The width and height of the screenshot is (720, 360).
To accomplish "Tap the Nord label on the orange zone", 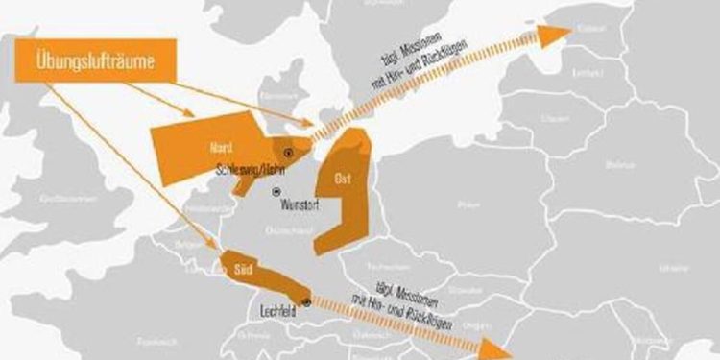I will point(221,147).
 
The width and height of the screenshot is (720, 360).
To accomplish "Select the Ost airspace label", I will point(343,180).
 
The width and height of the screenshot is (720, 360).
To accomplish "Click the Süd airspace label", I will point(243,272).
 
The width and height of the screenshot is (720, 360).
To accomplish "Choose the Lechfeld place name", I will point(279,311).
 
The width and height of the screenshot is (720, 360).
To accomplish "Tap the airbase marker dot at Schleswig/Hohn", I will point(286,153).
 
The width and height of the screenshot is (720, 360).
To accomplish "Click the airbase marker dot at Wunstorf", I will point(277,191).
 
